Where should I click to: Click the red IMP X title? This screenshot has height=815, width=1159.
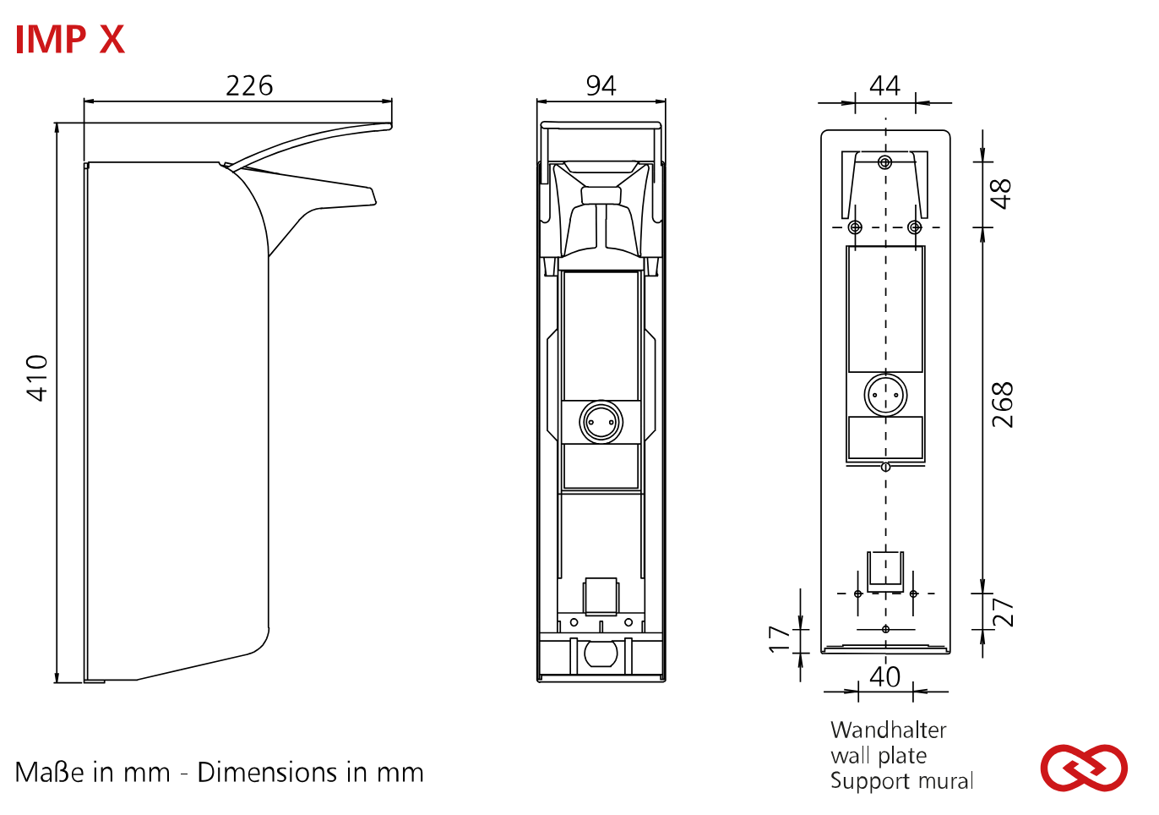pos(70,40)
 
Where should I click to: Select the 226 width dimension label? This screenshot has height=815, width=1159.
pos(249,86)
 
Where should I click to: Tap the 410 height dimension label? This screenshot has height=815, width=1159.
pos(37,379)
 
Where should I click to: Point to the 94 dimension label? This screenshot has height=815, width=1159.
pos(601,86)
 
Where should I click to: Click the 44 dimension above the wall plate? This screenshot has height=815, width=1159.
pos(884,86)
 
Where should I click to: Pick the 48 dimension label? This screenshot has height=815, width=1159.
pos(1002,194)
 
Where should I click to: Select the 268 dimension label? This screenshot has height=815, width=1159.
pos(1002,405)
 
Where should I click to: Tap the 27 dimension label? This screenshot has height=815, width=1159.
pos(1003,613)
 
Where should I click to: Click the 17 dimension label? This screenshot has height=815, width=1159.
pos(779,639)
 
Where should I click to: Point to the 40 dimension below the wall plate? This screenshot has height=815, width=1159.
pos(884,676)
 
